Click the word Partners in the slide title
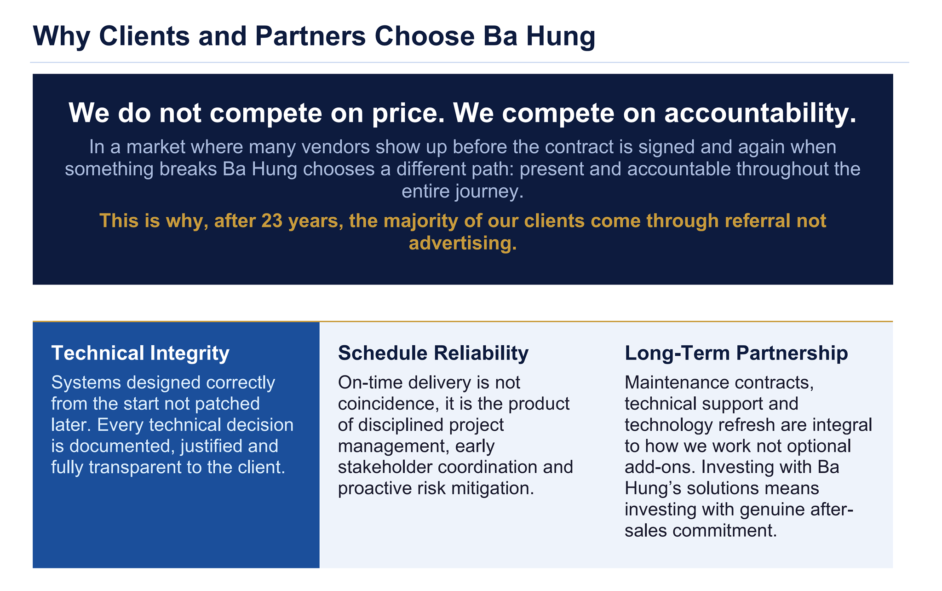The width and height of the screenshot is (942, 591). [x=310, y=36]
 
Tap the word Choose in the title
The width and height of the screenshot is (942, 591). [x=424, y=36]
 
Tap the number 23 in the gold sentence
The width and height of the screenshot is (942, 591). [x=272, y=221]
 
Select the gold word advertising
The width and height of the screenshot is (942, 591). [x=462, y=243]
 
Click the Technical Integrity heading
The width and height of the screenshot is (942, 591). [x=140, y=353]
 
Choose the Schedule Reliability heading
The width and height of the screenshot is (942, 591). [x=433, y=353]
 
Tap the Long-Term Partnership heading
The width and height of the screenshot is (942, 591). [x=736, y=353]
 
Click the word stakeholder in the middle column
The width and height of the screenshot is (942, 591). [x=385, y=468]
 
